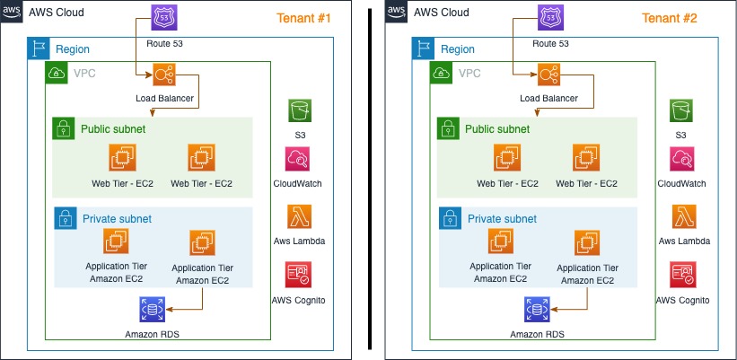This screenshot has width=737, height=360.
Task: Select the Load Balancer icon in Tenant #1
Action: click(x=165, y=75)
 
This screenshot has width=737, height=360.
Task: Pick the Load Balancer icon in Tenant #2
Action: click(x=549, y=75)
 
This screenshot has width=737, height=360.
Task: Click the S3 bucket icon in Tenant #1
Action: click(x=299, y=110)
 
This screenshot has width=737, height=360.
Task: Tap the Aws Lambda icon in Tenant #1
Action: click(x=299, y=216)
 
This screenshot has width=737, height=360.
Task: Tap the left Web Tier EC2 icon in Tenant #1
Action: click(x=121, y=158)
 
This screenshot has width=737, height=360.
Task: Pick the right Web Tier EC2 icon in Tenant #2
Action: click(x=585, y=158)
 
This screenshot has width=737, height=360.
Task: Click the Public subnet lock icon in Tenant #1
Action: click(x=64, y=128)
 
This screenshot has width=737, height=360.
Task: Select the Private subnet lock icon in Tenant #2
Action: click(x=448, y=218)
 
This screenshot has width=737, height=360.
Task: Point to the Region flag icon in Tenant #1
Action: click(x=39, y=48)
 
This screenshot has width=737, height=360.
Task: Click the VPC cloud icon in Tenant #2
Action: click(x=441, y=73)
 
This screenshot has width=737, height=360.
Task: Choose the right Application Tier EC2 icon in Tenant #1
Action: click(x=202, y=242)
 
